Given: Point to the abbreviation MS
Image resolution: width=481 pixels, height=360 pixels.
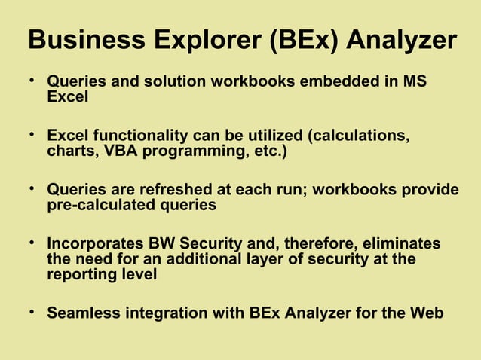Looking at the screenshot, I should [415, 81].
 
